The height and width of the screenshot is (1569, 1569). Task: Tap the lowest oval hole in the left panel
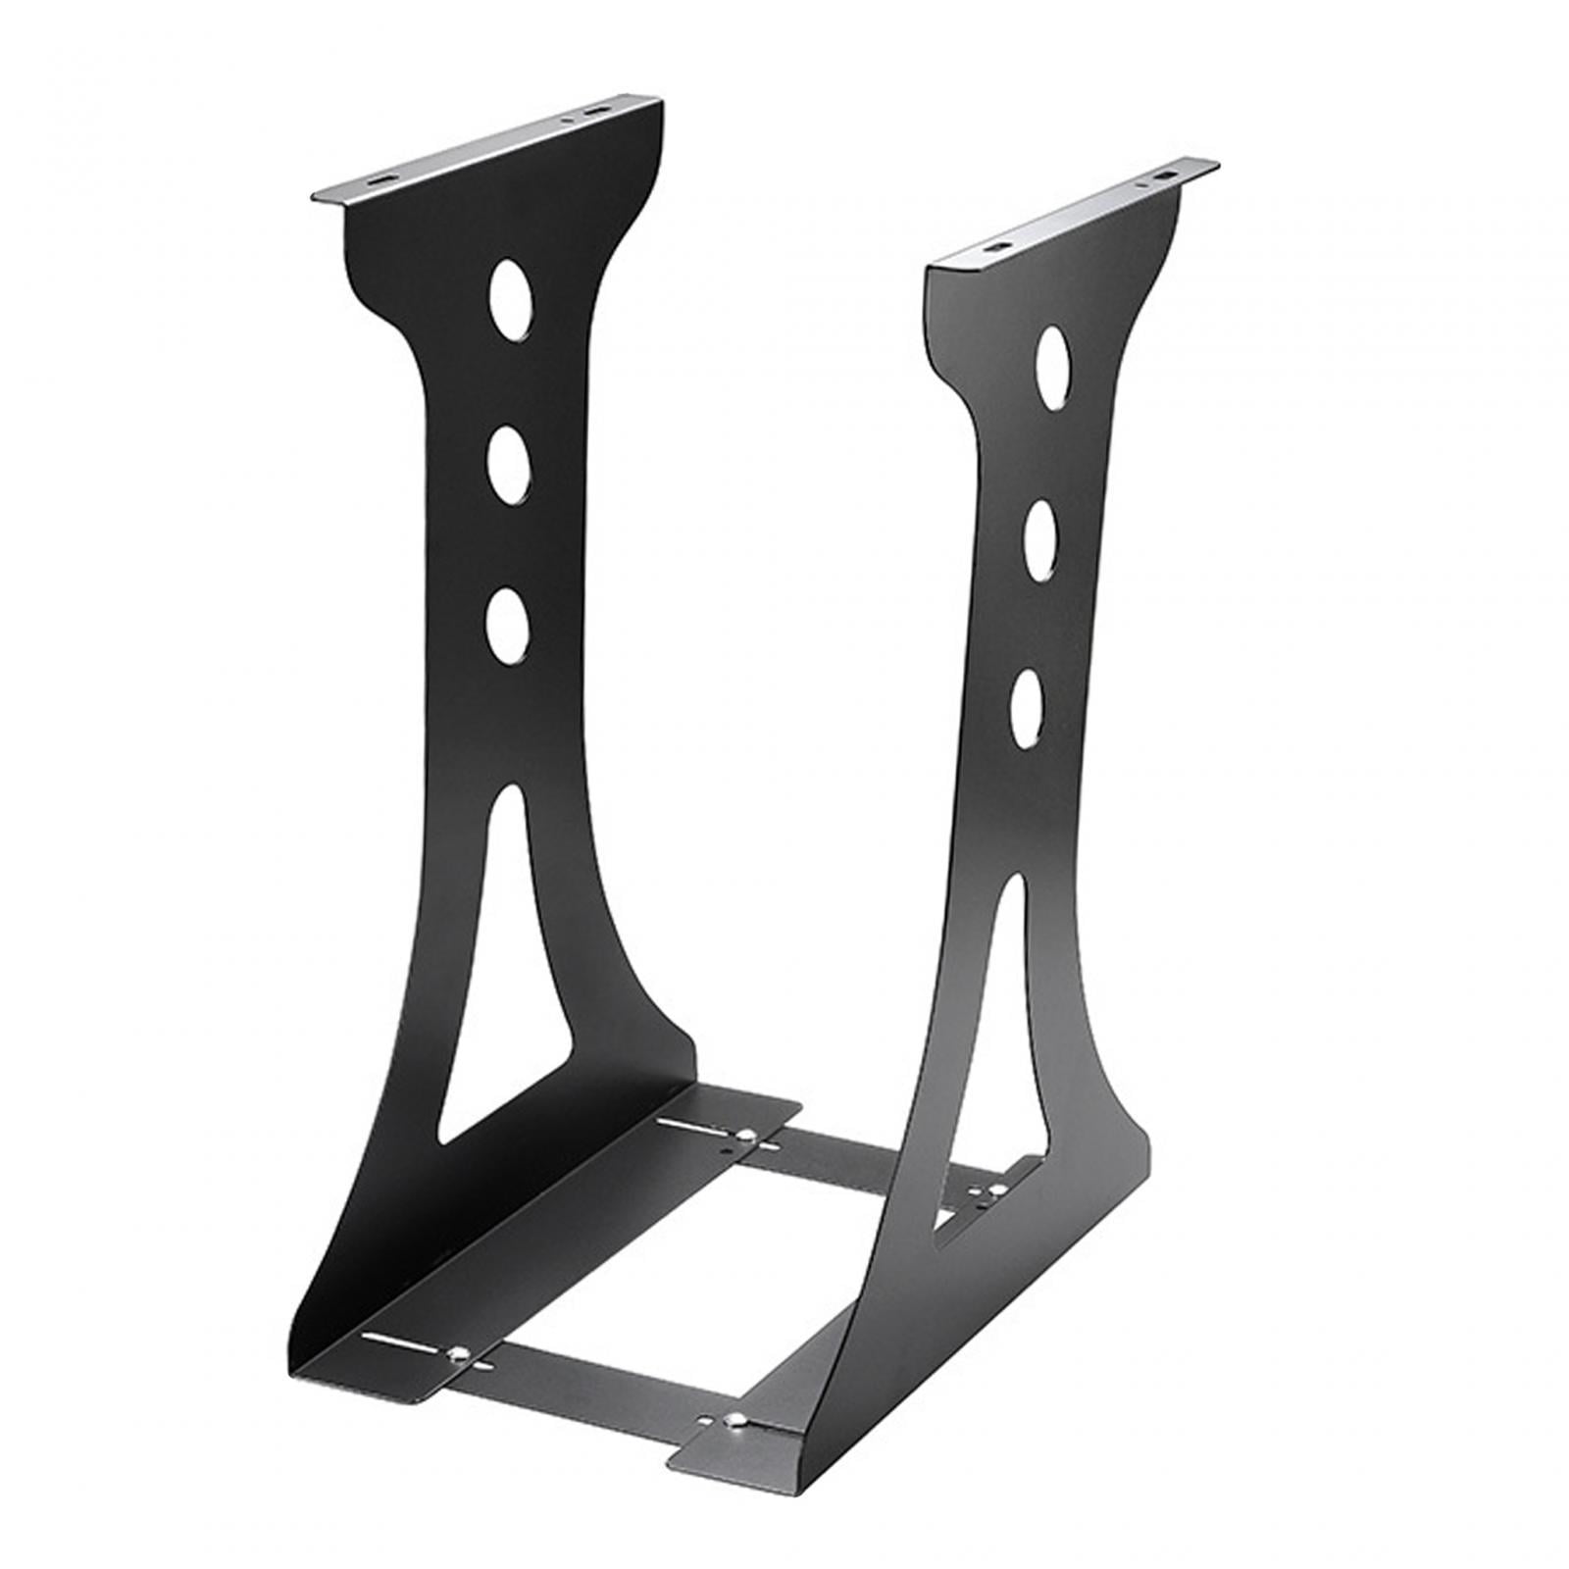point(508,623)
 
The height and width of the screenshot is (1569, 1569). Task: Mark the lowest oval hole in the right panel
point(1028,704)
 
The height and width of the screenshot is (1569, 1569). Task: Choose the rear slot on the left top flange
point(596,113)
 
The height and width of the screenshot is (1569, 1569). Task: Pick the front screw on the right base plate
point(735,1418)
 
